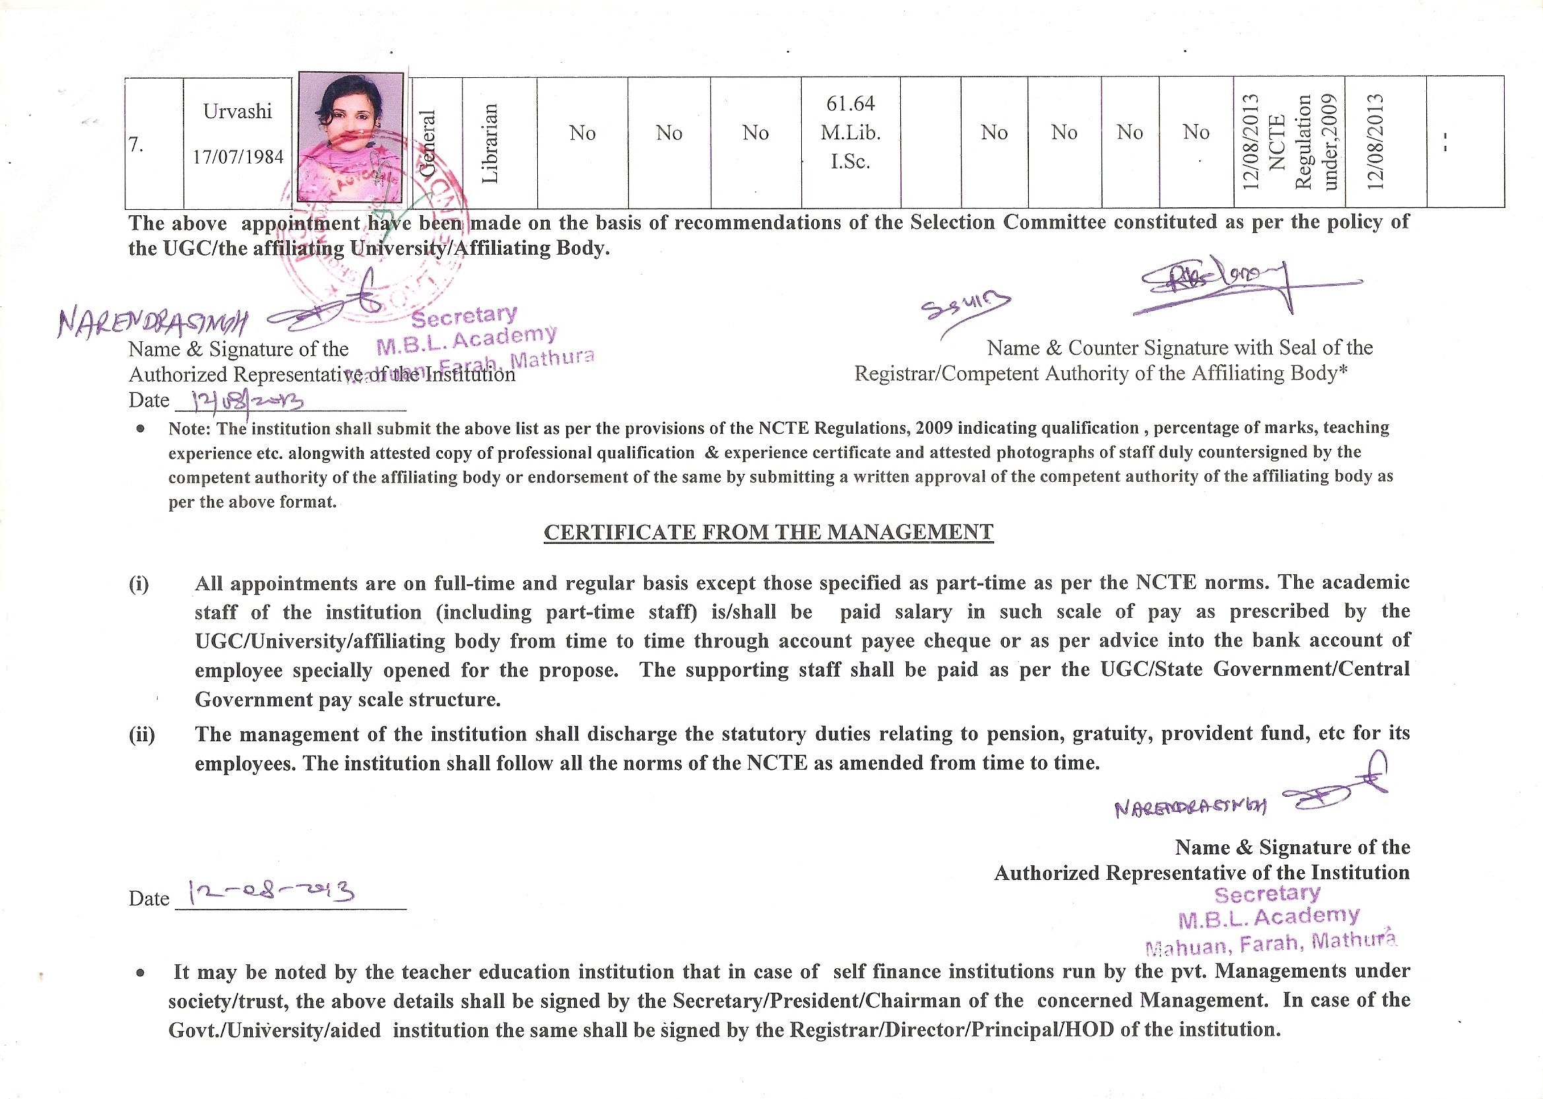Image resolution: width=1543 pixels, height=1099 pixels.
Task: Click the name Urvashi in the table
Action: point(238,111)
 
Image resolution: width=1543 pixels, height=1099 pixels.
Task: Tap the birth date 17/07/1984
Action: point(238,157)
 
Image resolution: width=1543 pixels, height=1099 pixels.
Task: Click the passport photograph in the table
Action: point(350,138)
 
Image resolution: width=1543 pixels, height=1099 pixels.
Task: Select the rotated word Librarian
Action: point(490,143)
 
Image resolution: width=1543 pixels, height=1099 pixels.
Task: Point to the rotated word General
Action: point(427,143)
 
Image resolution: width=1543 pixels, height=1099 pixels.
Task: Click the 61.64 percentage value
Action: point(850,104)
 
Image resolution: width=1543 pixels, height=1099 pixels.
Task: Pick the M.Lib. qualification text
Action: point(850,133)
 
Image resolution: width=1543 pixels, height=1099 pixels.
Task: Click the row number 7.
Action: point(136,145)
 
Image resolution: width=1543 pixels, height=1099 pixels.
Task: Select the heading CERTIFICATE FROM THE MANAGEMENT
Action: point(768,533)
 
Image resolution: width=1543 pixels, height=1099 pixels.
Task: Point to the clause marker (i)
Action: point(139,583)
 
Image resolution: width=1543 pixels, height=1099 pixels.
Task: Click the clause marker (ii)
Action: point(141,734)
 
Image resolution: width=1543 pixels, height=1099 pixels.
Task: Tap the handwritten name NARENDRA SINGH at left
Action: point(153,323)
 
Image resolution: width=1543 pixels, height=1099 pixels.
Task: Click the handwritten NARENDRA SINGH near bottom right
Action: point(1190,807)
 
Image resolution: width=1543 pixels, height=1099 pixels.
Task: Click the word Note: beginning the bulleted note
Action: point(190,429)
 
